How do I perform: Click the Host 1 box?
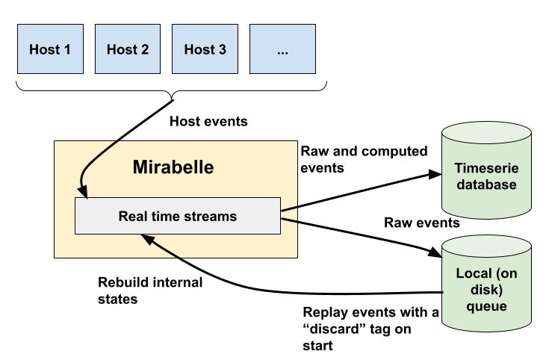tap(50, 50)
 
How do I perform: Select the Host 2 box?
tap(128, 50)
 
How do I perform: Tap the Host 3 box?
tap(205, 50)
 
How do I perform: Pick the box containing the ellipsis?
tap(282, 50)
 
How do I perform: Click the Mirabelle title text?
tap(173, 167)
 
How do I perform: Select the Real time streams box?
tap(178, 217)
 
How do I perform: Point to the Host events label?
tap(208, 120)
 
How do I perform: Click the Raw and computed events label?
tap(363, 159)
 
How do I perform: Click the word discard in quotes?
tap(329, 329)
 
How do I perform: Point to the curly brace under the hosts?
tap(173, 94)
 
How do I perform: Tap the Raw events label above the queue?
tap(421, 223)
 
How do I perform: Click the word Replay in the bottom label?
tap(323, 312)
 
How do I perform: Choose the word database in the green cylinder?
tap(486, 184)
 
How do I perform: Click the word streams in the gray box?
tap(213, 217)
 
